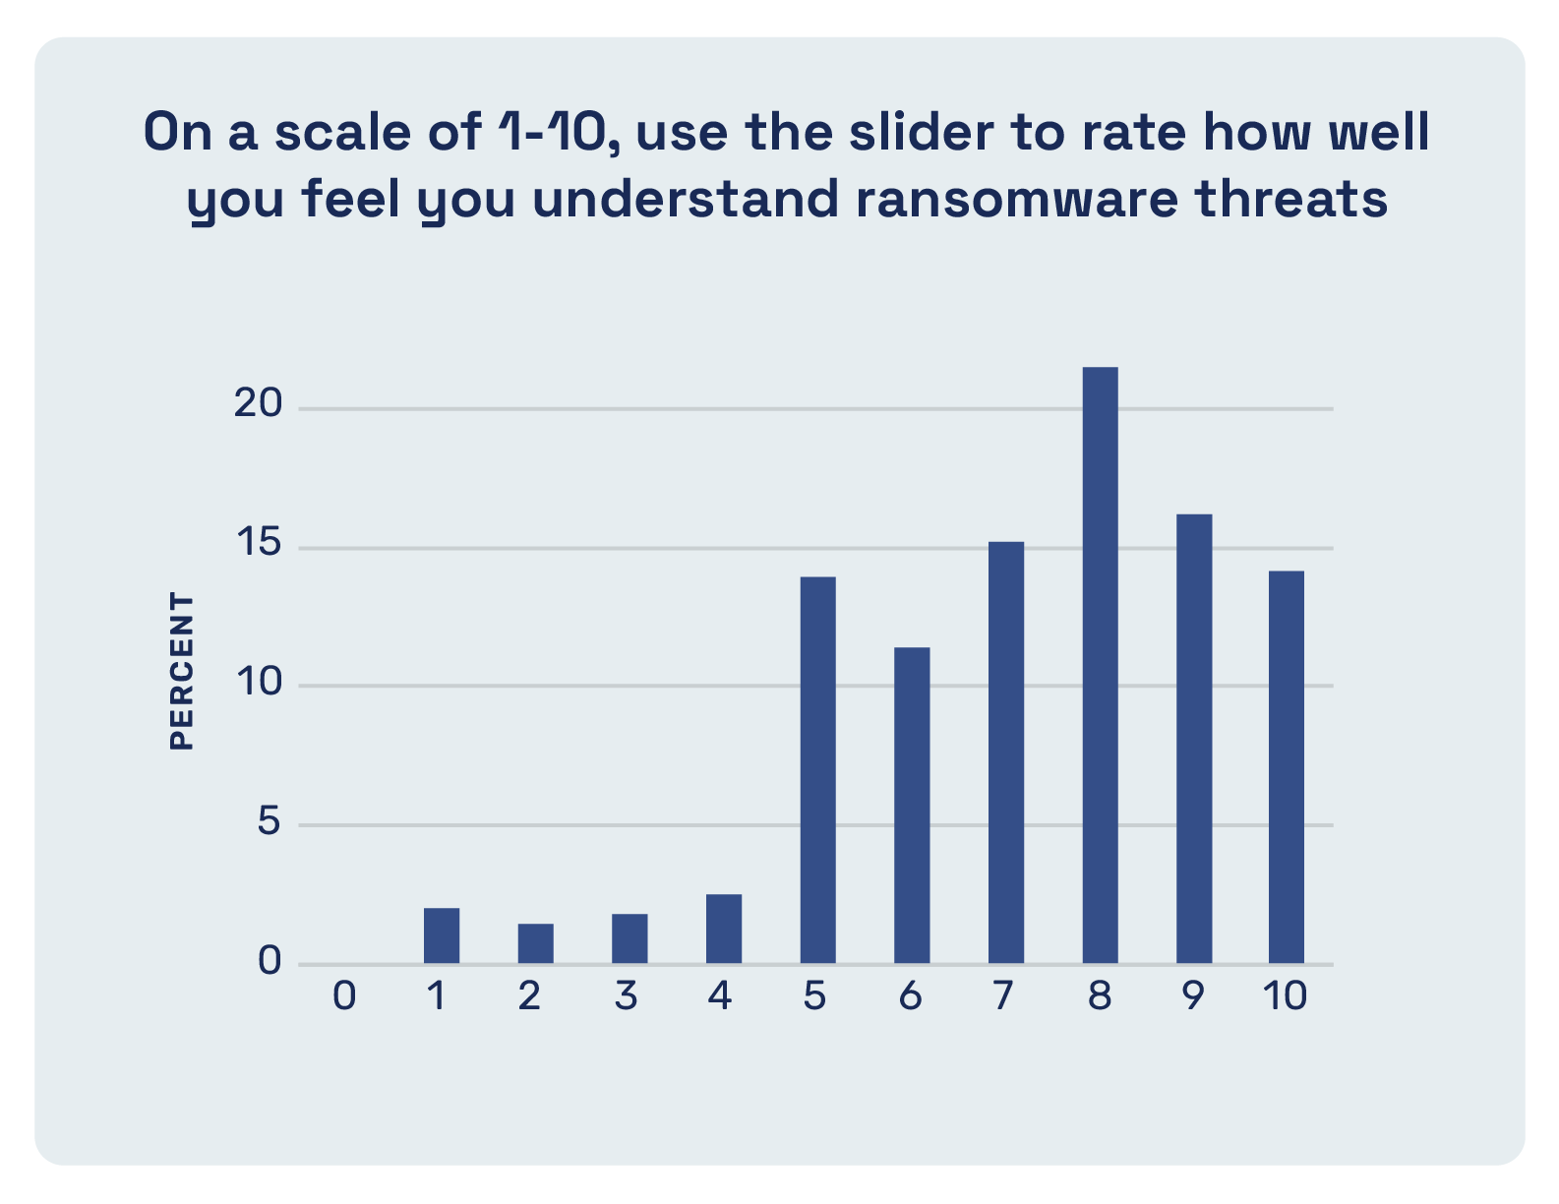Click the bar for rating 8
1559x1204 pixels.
click(1100, 665)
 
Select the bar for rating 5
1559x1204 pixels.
click(818, 770)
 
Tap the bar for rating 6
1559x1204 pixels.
click(912, 805)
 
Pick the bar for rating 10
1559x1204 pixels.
click(1287, 767)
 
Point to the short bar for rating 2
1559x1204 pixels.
click(536, 943)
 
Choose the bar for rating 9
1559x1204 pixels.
click(1194, 739)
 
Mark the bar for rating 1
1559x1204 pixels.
click(442, 935)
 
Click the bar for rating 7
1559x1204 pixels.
click(1006, 752)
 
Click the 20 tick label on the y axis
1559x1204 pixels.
click(259, 403)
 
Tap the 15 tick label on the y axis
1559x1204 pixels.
click(259, 542)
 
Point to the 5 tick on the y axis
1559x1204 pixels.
click(270, 820)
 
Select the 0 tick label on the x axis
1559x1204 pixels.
click(344, 995)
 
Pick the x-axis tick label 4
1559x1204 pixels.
click(720, 995)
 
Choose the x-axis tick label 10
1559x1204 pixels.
click(1285, 995)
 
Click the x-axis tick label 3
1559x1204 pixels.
click(627, 995)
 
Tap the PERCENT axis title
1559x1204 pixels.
click(182, 671)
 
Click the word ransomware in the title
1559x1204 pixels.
click(1017, 199)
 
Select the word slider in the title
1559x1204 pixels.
click(922, 131)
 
